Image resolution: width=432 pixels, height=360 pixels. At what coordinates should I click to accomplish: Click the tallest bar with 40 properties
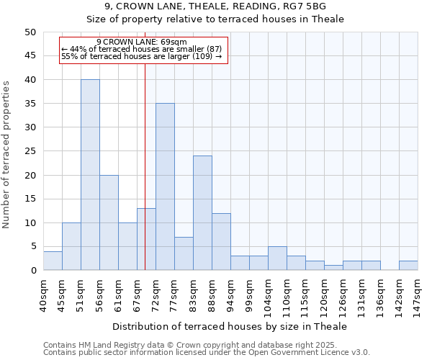(x=90, y=175)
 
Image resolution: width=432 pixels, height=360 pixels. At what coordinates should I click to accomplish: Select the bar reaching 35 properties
(x=165, y=186)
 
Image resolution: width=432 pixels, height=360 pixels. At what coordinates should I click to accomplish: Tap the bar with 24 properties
(x=202, y=213)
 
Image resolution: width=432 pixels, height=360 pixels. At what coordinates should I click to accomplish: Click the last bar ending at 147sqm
(x=408, y=266)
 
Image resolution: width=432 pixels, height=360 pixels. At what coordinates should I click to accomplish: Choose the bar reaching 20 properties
(x=109, y=222)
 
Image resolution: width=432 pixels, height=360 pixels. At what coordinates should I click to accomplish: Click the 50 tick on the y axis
(x=30, y=32)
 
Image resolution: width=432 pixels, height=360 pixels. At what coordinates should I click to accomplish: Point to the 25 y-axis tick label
(x=30, y=151)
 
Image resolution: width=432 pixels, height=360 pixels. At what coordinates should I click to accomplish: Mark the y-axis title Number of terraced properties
(x=7, y=154)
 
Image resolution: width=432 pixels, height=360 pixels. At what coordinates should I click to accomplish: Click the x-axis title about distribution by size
(x=230, y=326)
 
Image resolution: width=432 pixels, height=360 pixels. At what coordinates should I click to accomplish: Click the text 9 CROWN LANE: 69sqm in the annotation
(x=141, y=42)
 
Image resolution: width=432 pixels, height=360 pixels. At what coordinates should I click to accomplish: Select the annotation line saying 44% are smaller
(x=142, y=49)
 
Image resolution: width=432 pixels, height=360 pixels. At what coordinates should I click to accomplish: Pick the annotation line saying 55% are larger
(x=142, y=56)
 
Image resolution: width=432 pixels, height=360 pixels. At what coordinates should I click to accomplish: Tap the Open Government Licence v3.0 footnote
(x=207, y=353)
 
